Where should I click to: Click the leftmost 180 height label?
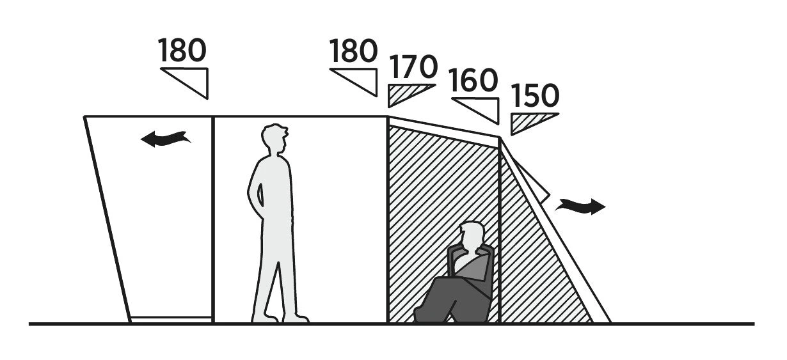[182, 51]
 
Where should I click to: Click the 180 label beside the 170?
[353, 52]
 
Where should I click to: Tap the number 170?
[413, 67]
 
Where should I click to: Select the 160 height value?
[473, 81]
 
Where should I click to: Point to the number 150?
[535, 97]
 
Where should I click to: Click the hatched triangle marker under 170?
[406, 94]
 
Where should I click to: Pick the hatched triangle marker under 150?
[529, 121]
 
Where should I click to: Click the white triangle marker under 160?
[482, 107]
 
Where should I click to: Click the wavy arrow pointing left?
[165, 138]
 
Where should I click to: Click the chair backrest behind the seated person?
[486, 269]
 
